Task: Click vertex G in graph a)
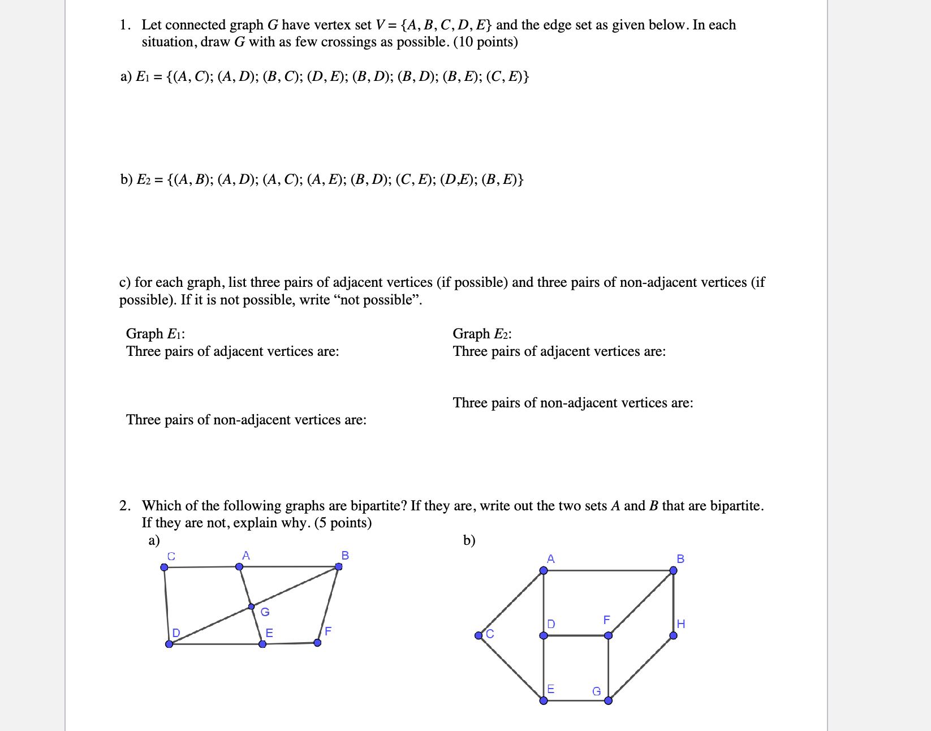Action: tap(252, 607)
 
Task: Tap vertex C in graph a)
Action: tap(164, 567)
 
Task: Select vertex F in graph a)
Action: tap(317, 643)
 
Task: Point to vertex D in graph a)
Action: tap(169, 644)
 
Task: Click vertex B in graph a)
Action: tap(338, 566)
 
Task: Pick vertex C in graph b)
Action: tap(479, 635)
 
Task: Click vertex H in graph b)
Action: tap(673, 635)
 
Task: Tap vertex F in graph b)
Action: tap(608, 635)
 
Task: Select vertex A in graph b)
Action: tap(544, 570)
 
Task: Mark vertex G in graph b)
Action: tap(608, 700)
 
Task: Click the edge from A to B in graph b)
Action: tap(608, 570)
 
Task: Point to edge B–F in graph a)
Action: tap(328, 604)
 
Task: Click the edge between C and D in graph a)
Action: tap(166, 605)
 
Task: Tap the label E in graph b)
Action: tap(550, 689)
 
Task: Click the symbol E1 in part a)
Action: tap(142, 77)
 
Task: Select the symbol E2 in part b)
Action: tap(143, 180)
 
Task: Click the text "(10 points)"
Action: tap(486, 42)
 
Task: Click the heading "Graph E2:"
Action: tap(482, 334)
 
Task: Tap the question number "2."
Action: tap(125, 506)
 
